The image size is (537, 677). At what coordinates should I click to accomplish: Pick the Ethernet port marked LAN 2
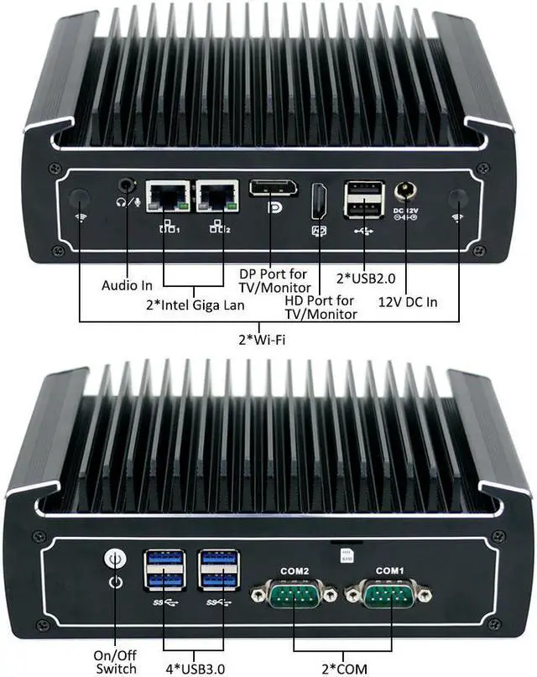[x=216, y=197]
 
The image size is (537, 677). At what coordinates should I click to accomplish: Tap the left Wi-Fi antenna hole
[x=79, y=198]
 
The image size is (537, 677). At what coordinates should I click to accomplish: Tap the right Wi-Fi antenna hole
[x=458, y=199]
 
